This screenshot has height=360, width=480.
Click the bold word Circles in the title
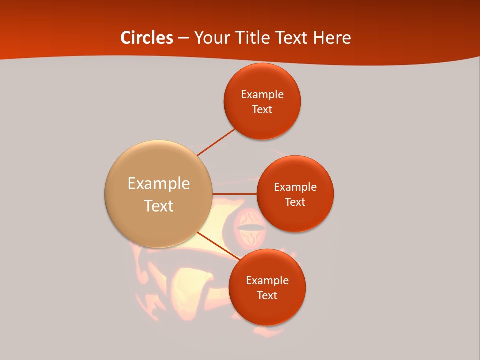click(147, 38)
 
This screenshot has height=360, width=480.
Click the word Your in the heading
click(210, 38)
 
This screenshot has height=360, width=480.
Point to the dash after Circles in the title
click(183, 38)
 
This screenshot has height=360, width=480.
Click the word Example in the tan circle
click(159, 184)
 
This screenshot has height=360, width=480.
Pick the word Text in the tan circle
click(159, 206)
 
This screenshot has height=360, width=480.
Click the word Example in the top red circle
click(262, 95)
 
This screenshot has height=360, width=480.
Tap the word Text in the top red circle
click(262, 110)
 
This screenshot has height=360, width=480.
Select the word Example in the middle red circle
click(295, 187)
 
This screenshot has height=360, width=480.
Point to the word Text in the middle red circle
click(295, 202)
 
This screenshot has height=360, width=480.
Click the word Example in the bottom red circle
click(267, 281)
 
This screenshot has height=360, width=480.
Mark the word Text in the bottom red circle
click(267, 296)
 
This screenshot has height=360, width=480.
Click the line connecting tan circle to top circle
click(216, 142)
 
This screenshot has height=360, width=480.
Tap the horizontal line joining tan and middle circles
click(234, 193)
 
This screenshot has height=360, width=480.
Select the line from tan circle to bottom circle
click(218, 245)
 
